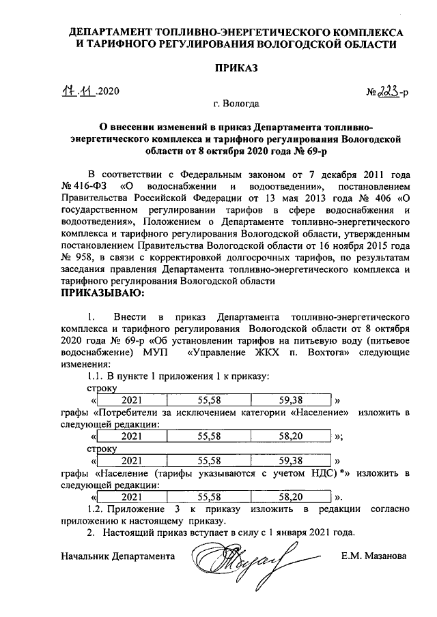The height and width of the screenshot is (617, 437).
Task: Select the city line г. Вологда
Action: [x=236, y=105]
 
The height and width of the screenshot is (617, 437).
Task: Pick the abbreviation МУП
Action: [x=156, y=352]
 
